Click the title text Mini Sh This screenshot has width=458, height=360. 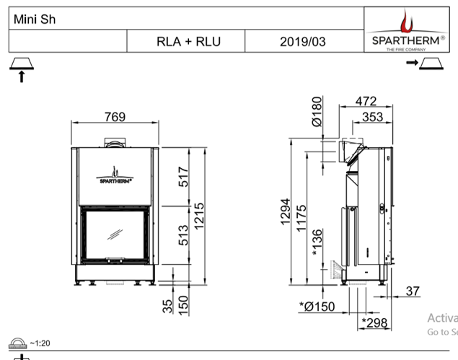click(34, 19)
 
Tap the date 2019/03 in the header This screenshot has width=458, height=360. click(302, 42)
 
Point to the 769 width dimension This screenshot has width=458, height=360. click(114, 117)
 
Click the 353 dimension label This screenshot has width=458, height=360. click(372, 117)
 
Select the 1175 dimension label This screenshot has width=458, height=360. click(301, 219)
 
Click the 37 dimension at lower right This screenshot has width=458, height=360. click(413, 291)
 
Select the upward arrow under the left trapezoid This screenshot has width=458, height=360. click(22, 76)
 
